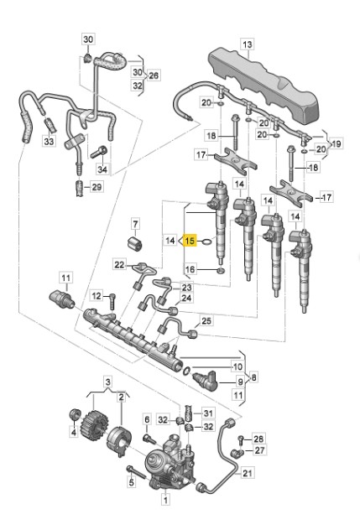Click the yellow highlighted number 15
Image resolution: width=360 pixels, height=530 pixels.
[190, 241]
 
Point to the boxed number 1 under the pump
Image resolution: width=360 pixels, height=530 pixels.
[166, 501]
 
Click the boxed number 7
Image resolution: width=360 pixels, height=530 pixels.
[136, 225]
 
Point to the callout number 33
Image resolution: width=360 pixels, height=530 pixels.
[49, 143]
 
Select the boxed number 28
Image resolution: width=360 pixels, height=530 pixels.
[258, 439]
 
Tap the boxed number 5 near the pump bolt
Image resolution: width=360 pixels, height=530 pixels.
[131, 481]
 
